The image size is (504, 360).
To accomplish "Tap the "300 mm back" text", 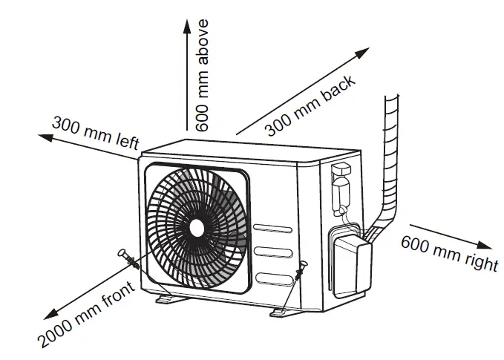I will coord(311,106).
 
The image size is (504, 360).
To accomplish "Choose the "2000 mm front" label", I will coord(87,316).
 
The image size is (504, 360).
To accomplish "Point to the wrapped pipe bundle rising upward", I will coord(390,156).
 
